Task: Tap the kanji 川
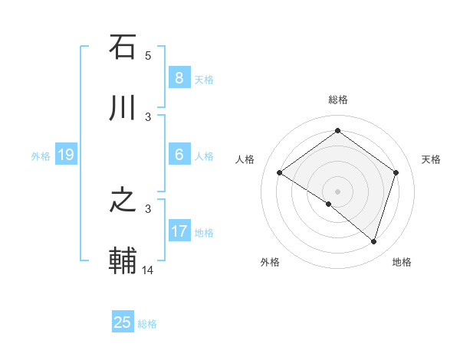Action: click(x=123, y=108)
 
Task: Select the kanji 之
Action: click(x=123, y=201)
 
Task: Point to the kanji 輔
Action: click(x=123, y=261)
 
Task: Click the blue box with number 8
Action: click(x=179, y=77)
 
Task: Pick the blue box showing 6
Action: click(x=179, y=155)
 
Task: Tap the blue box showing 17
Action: click(x=179, y=231)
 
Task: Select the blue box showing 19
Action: click(x=65, y=155)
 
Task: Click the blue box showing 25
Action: click(x=123, y=322)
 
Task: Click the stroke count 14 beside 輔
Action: click(x=148, y=270)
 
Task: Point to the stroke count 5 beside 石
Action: click(x=148, y=55)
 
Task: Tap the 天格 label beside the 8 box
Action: click(x=204, y=79)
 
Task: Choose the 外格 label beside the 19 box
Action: click(x=41, y=156)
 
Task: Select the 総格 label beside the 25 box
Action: click(x=147, y=324)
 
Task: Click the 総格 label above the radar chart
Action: click(x=337, y=100)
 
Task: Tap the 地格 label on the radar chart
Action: click(x=402, y=263)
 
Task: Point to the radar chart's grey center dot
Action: click(x=337, y=191)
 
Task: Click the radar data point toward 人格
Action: click(x=280, y=173)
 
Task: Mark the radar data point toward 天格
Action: click(x=396, y=173)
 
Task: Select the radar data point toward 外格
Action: click(x=329, y=204)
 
